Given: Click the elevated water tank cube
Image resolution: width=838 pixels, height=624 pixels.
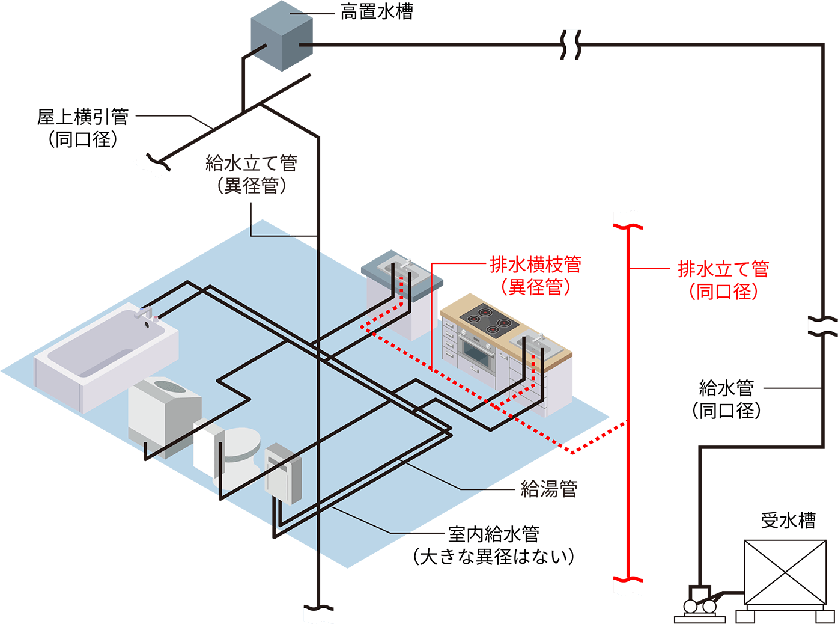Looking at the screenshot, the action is point(282,36).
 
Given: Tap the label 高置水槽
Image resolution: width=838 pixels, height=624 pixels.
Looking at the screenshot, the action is point(377,12).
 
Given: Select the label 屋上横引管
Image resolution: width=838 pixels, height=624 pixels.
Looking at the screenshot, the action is point(83,117).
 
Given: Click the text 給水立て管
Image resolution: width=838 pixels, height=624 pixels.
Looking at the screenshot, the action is point(252,164).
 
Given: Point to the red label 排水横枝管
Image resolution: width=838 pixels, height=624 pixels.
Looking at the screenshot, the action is point(536,265).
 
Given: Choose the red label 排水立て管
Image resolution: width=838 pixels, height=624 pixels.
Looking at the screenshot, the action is point(724,269).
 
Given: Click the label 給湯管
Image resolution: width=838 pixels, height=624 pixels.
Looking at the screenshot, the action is point(549,489).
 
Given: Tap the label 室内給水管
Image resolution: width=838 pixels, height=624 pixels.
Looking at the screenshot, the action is point(494,534).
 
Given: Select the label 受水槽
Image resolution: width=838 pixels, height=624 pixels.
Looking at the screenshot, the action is point(788,521).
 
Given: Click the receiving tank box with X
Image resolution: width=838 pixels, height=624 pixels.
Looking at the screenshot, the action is point(785,572).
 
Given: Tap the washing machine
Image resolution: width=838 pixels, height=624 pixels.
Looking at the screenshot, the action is point(165,417).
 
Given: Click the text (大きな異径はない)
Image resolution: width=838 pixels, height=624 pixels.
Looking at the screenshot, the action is point(494,557).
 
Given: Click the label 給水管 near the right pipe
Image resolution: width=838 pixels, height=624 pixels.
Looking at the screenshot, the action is point(726,388).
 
